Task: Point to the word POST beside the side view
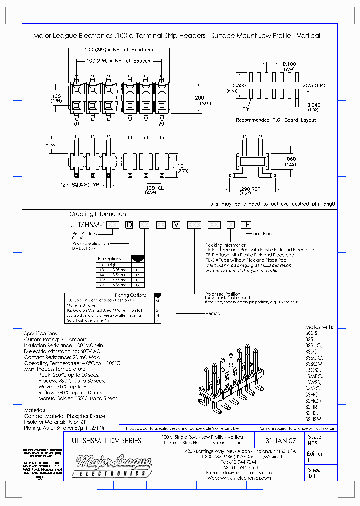51,144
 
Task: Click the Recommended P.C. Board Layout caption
276,120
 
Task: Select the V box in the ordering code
176,225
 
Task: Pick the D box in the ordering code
129,225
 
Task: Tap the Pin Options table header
109,259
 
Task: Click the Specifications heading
40,333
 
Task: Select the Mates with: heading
319,327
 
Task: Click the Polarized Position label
222,294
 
